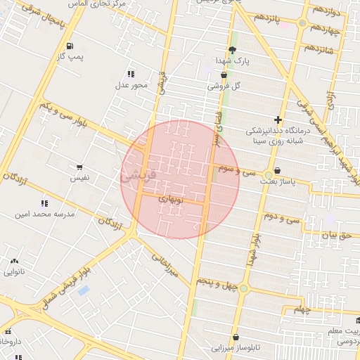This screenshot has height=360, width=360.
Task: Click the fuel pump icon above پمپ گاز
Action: coord(70,47)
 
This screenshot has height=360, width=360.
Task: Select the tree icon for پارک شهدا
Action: coord(233,49)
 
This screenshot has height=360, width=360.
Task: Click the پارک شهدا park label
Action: coord(233,61)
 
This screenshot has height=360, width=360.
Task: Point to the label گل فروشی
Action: coord(224,86)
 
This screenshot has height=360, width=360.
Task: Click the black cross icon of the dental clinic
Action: coord(278,120)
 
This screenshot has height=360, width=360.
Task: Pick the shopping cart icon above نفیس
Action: coord(79,168)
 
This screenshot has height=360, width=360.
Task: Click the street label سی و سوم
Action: coord(236,169)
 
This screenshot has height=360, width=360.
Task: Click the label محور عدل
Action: coord(131,85)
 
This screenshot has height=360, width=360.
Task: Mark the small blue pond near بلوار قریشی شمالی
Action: coord(84,290)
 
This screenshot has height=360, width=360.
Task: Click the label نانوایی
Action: coord(15,271)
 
